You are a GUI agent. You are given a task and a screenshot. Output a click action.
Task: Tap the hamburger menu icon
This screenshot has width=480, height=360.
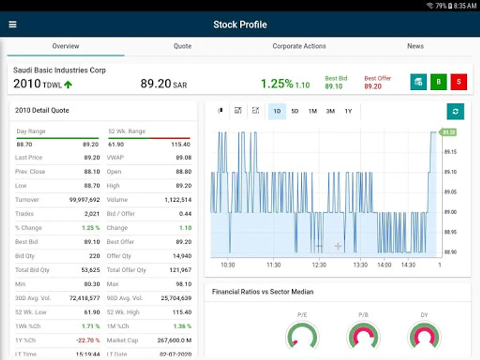tap(13, 24)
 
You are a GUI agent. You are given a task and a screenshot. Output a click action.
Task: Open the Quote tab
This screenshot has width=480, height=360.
tap(182, 46)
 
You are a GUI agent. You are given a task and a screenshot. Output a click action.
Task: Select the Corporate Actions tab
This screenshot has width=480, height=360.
tap(299, 46)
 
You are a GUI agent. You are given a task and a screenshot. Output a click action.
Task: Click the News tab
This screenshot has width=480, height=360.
tap(415, 46)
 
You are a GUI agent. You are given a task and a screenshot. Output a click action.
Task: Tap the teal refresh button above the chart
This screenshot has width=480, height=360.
tap(455, 111)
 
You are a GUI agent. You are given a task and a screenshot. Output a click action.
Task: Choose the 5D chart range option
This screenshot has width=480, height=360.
tap(295, 111)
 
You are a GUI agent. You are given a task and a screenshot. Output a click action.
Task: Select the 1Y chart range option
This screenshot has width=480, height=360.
tap(348, 111)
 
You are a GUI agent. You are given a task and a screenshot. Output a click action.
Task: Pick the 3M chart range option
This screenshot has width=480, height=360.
tap(330, 111)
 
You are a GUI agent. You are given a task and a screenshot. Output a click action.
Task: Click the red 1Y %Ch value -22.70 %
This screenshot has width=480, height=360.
tap(88, 340)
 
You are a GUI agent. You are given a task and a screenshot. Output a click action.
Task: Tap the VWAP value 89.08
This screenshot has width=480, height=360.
tap(184, 158)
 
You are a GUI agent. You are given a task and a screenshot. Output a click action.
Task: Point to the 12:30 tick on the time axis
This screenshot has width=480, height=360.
tap(319, 265)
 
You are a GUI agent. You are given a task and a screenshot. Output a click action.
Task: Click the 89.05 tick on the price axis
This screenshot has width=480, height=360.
tap(450, 192)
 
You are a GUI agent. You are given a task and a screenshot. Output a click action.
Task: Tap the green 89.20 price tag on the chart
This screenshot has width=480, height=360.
tap(448, 132)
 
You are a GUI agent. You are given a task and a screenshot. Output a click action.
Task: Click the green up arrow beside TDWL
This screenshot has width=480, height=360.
tap(68, 84)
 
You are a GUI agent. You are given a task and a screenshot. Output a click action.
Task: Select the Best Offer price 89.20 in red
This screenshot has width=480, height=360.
tap(373, 86)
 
